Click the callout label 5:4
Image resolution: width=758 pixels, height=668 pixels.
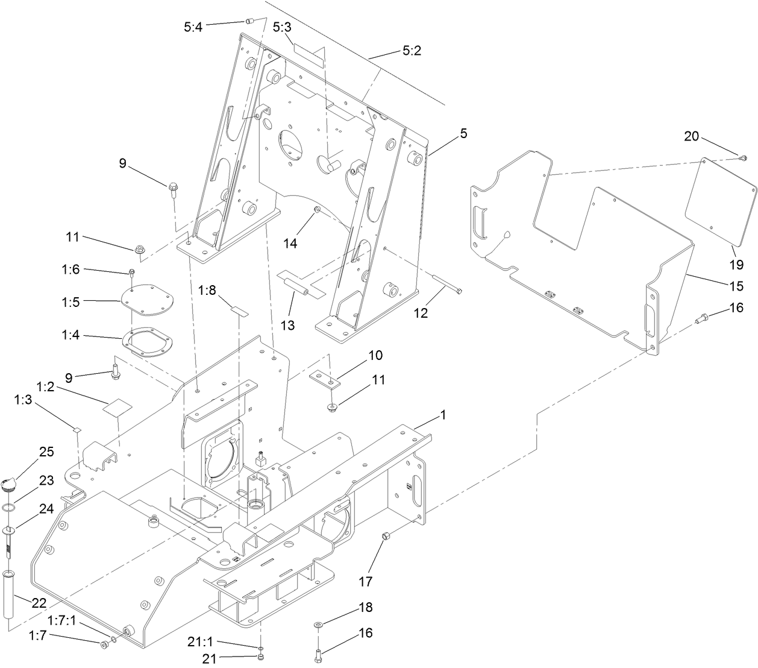(193, 27)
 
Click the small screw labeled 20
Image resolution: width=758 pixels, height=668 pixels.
(742, 158)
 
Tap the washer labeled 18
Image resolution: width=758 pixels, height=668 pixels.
(318, 624)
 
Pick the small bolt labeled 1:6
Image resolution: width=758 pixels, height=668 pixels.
(131, 273)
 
